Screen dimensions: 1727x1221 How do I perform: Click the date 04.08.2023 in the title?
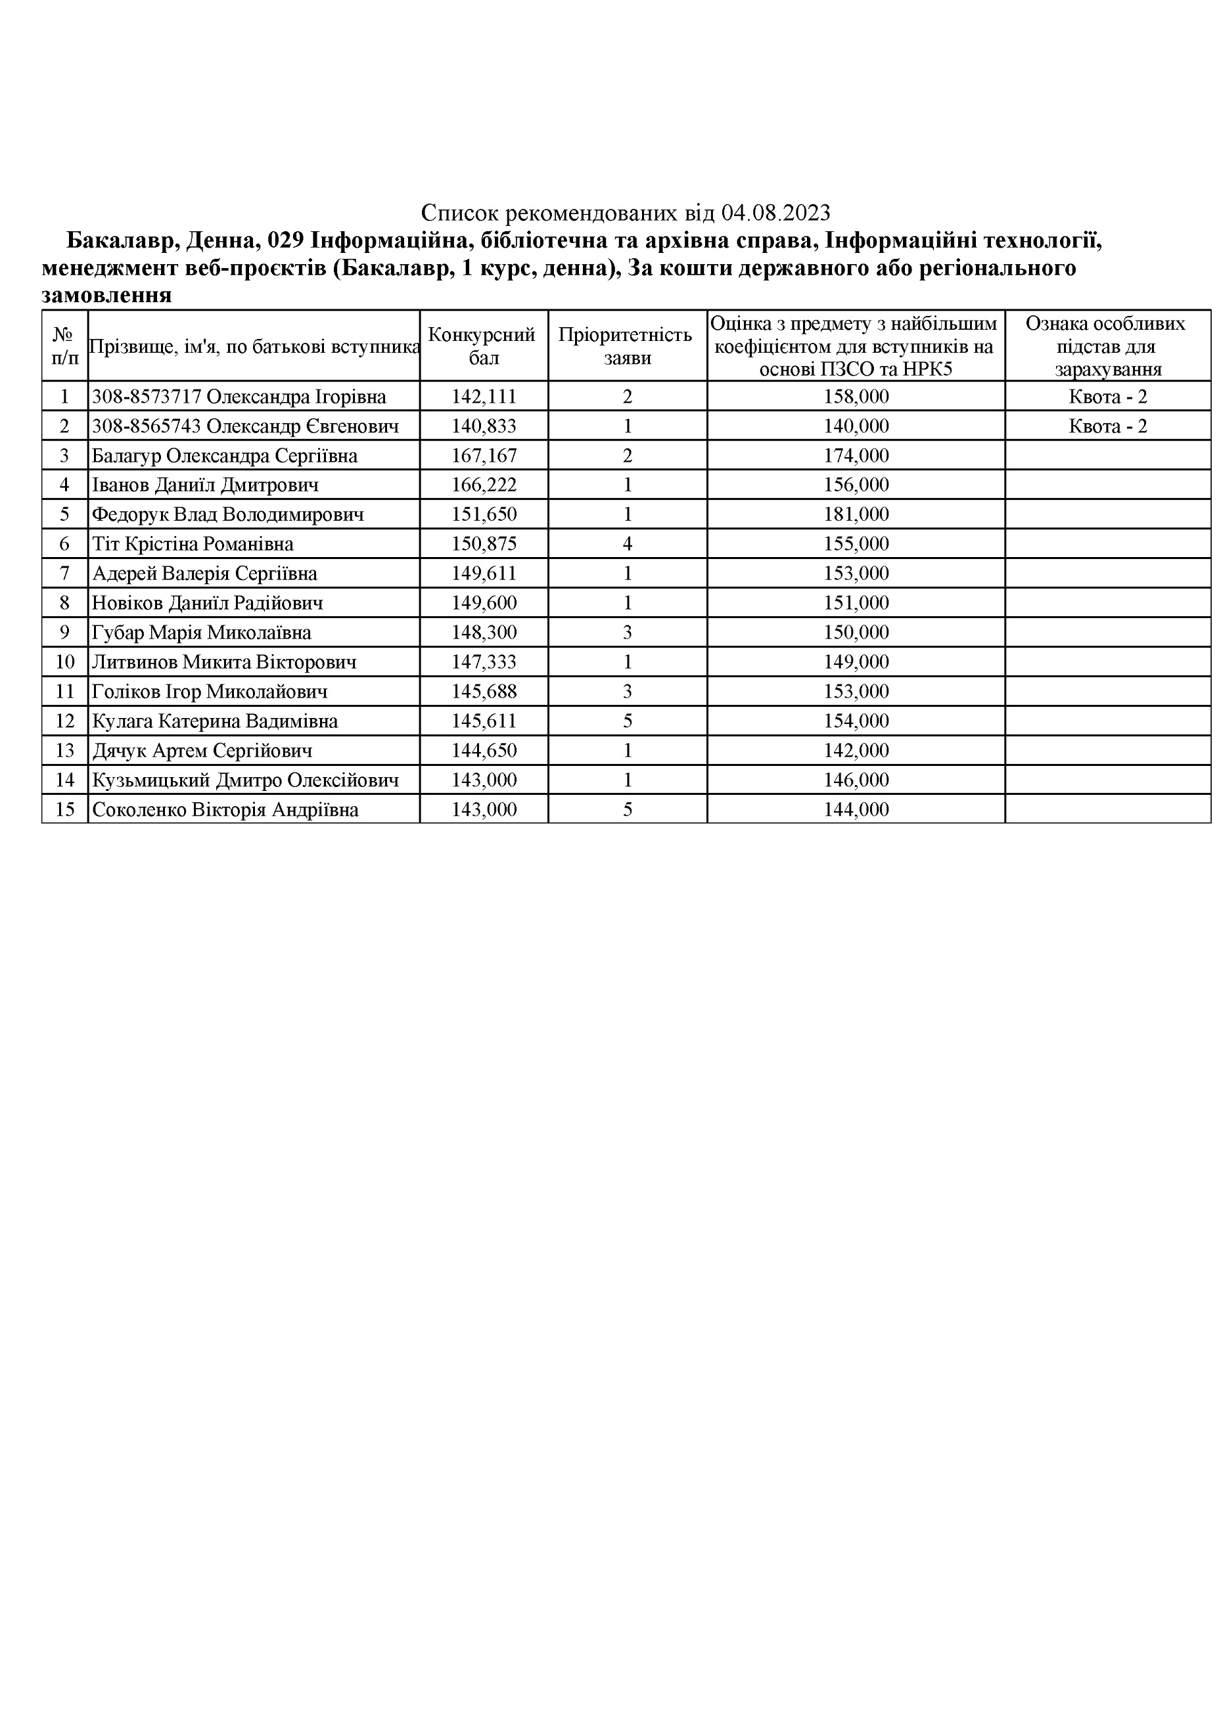point(775,213)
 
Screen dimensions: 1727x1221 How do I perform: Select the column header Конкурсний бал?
point(483,346)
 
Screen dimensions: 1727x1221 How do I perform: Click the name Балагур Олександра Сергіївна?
point(224,456)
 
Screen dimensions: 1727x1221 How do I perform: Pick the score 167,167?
point(483,456)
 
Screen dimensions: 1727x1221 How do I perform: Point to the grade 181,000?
point(856,514)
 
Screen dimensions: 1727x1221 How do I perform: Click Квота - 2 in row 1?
point(1107,396)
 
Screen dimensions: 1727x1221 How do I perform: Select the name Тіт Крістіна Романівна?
point(193,544)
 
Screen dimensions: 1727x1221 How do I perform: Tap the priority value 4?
point(628,544)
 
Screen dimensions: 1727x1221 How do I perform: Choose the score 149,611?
point(483,574)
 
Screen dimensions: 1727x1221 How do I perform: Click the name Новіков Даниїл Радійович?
point(208,603)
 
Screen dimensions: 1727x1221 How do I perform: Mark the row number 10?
point(64,662)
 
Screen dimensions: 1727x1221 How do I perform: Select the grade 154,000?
point(856,721)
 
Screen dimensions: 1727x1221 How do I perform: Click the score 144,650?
point(483,751)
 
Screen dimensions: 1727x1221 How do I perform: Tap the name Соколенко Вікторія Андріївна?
point(225,810)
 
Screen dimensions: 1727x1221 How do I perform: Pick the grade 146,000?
point(856,780)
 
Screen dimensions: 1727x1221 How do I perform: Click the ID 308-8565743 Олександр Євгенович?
point(244,426)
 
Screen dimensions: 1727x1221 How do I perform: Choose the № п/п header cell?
point(64,346)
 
